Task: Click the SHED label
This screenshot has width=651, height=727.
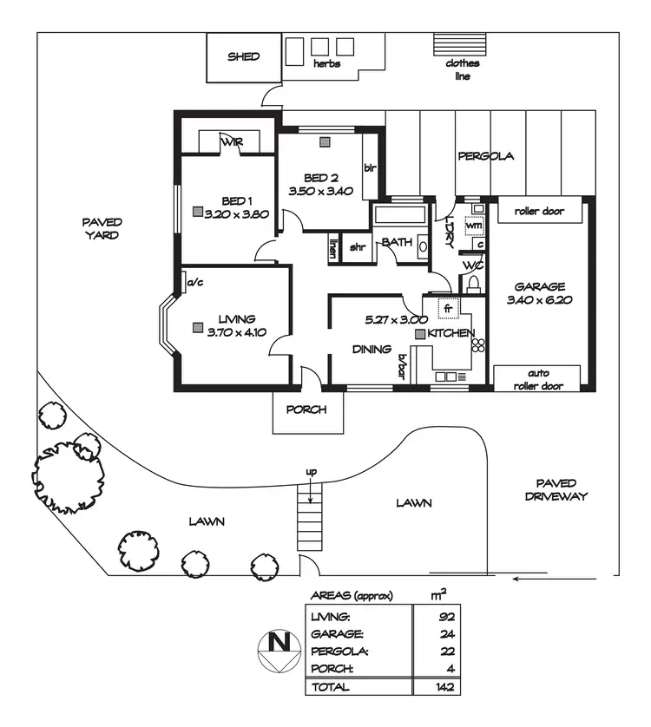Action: [x=243, y=57]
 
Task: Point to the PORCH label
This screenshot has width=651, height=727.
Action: [x=306, y=409]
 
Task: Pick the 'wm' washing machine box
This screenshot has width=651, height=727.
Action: [x=473, y=225]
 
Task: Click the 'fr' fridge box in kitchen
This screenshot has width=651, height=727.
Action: [x=449, y=308]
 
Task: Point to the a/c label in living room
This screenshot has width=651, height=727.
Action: [x=194, y=281]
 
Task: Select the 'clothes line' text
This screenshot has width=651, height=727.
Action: [x=462, y=69]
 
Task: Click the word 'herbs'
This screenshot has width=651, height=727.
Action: [x=327, y=64]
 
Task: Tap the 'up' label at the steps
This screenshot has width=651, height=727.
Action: [x=310, y=472]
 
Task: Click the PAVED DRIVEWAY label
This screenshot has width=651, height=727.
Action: [x=561, y=489]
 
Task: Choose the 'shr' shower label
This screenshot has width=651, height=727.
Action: [x=357, y=246]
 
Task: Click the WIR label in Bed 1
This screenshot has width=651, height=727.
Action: [x=231, y=141]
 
